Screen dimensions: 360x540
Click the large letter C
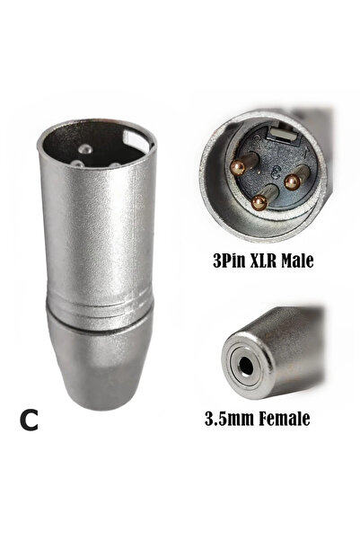point(29,420)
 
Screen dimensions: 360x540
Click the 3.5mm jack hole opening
point(245,366)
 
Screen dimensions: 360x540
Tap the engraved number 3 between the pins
point(275,172)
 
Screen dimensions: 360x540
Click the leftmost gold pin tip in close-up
point(237,168)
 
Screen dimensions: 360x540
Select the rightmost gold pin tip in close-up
point(292,182)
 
